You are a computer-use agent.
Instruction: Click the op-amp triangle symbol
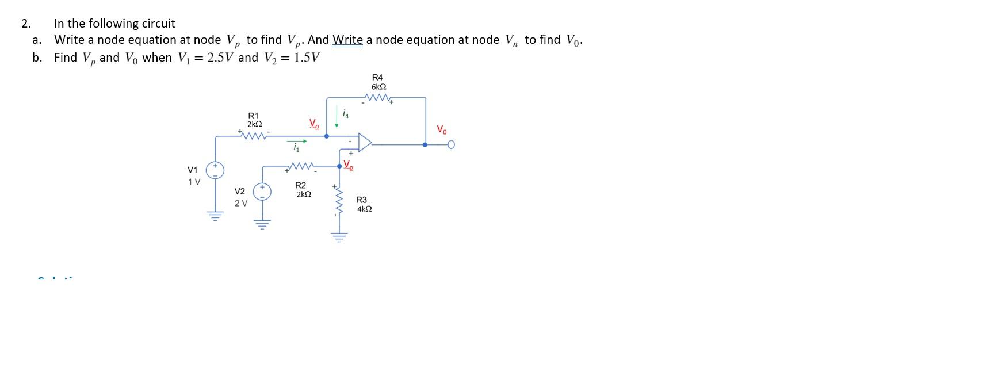click(x=365, y=142)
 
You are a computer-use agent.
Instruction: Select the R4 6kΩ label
click(x=378, y=82)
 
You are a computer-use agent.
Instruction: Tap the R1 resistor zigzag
click(x=254, y=136)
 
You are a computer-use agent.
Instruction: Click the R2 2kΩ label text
click(x=303, y=190)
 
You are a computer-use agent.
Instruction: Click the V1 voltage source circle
click(x=216, y=170)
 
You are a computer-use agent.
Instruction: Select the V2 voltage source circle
click(x=262, y=191)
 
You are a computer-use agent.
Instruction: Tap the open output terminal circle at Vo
click(x=452, y=145)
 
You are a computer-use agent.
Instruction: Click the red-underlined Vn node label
click(x=313, y=123)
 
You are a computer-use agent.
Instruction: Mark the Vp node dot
click(x=339, y=166)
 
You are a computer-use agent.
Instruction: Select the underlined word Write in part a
click(x=347, y=40)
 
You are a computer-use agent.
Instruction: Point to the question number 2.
click(x=25, y=24)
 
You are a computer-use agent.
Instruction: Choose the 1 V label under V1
click(x=194, y=182)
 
